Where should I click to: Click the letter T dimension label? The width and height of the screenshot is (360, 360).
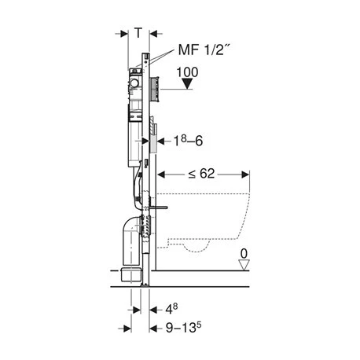coord(138,33)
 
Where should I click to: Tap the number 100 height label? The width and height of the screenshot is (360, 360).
coord(187,72)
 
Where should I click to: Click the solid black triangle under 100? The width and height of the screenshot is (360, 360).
coord(187,84)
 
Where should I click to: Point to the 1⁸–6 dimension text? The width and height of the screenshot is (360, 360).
coord(188,141)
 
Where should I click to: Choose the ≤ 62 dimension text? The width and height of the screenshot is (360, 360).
coord(201,174)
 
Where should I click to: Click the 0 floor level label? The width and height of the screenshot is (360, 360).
coord(244,254)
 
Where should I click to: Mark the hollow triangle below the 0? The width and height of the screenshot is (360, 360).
coord(244,265)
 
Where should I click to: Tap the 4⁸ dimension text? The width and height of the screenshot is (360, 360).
coord(171,309)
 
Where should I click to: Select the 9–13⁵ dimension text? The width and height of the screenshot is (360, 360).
coord(184,327)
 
